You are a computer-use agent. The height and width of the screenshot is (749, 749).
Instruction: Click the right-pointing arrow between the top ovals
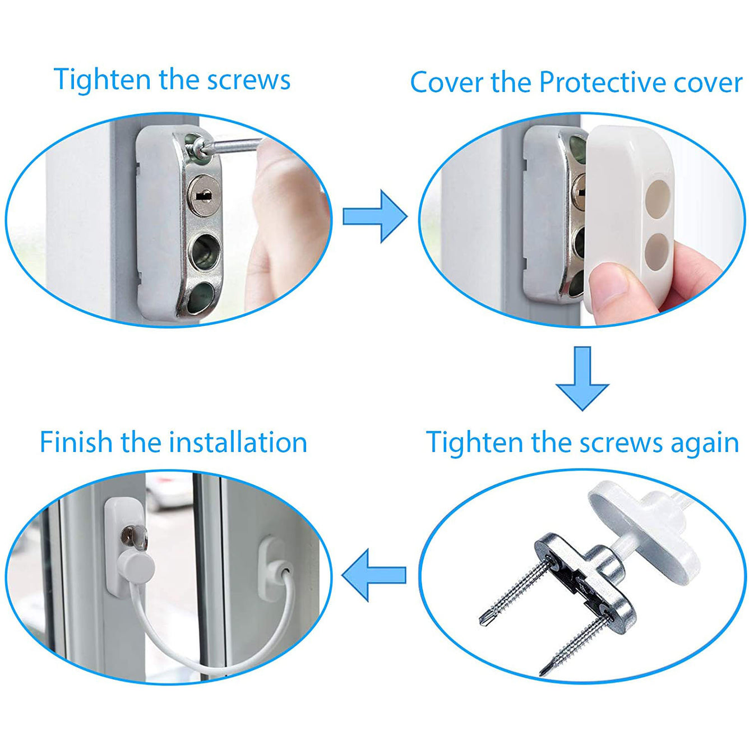pos(374,216)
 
